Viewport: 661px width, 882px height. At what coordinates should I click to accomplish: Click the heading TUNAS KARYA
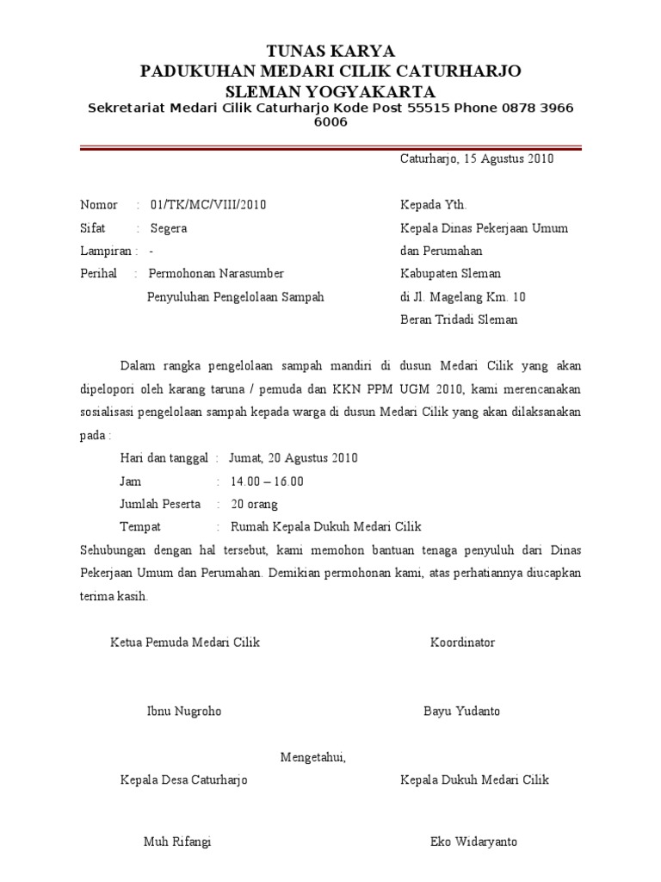coord(331,51)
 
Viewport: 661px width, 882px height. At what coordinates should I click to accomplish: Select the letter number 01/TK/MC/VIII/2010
coord(208,205)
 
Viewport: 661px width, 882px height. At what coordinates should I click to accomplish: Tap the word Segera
coord(169,228)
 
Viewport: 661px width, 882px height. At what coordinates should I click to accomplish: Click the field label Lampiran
coord(106,252)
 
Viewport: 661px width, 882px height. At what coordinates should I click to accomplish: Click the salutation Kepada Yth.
coord(433,205)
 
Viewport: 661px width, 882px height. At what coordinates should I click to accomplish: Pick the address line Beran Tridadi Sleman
coord(459,320)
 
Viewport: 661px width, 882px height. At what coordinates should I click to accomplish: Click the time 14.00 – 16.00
coord(266,481)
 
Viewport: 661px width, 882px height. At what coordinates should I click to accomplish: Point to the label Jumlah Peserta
coord(161,504)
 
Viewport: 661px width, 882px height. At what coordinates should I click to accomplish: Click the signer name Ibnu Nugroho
coord(184,711)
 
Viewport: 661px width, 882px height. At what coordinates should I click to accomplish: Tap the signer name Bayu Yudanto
coord(461,711)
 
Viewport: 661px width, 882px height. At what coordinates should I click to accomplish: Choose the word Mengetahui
coord(313,757)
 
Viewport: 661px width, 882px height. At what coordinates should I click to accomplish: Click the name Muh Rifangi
coord(177,842)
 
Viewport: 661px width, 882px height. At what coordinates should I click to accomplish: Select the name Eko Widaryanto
coord(474,842)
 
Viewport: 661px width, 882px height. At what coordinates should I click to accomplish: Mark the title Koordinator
coord(462,643)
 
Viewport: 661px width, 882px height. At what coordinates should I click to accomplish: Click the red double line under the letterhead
coord(330,149)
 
